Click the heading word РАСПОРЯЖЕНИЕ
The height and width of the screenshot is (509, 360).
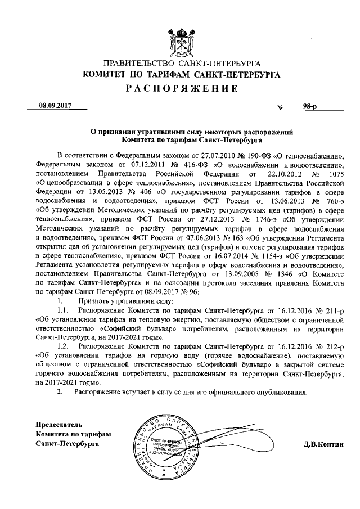point(181,88)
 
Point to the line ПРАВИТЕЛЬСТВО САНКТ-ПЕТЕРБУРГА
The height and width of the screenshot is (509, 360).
point(180,64)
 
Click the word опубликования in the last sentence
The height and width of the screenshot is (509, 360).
point(279,393)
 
